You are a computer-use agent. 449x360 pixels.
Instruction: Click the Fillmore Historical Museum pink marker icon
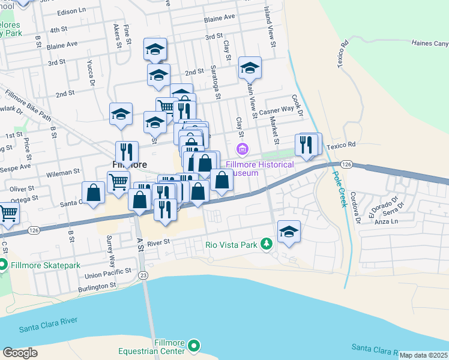[x=243, y=148]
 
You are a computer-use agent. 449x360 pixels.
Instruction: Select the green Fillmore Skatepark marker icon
[x=2, y=265]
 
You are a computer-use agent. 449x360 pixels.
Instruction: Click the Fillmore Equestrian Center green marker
[x=194, y=346]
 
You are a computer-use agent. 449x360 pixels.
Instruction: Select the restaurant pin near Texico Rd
[x=307, y=145]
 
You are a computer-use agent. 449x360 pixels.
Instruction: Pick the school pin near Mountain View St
[x=250, y=68]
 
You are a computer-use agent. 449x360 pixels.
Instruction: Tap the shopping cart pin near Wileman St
[x=118, y=181]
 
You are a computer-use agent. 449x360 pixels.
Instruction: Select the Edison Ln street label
[x=72, y=11]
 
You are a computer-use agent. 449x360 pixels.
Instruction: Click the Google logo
[x=20, y=352]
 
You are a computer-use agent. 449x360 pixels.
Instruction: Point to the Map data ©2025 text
[x=424, y=355]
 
